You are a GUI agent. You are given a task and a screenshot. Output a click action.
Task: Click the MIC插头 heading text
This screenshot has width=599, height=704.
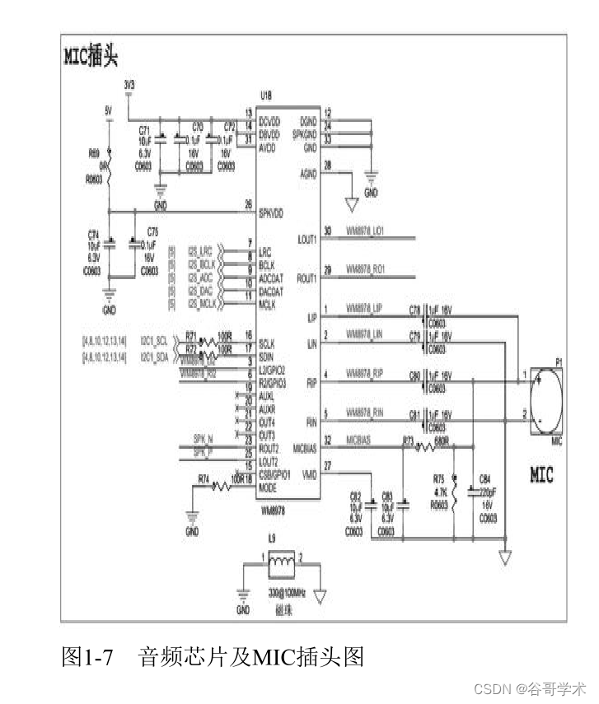[x=91, y=56]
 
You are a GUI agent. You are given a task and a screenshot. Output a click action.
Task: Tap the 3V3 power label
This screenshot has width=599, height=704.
[x=129, y=86]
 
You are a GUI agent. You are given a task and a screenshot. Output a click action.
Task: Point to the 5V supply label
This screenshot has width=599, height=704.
[x=108, y=109]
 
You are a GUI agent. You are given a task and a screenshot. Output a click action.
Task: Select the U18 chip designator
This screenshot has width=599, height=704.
[x=266, y=96]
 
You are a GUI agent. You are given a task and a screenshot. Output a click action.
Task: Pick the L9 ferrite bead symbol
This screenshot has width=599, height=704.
[x=283, y=562]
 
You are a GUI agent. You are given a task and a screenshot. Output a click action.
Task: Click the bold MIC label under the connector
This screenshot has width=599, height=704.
[x=541, y=475]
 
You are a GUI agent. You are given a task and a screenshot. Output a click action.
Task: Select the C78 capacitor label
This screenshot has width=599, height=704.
[x=415, y=309]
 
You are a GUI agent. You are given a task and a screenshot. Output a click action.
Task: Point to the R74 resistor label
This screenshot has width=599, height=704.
[x=204, y=478]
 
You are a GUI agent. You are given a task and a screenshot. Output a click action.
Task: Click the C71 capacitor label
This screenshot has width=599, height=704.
[x=145, y=130]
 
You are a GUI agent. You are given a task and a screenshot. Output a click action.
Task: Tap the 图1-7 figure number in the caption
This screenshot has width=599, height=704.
[x=87, y=656]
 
